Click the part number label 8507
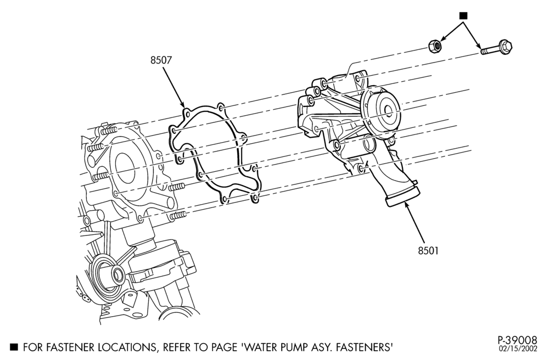(x=161, y=60)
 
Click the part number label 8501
(x=428, y=250)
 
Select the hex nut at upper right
(x=436, y=46)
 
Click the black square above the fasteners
(x=463, y=15)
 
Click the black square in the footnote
(x=14, y=347)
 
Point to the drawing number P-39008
(x=517, y=340)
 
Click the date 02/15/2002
(x=518, y=348)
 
